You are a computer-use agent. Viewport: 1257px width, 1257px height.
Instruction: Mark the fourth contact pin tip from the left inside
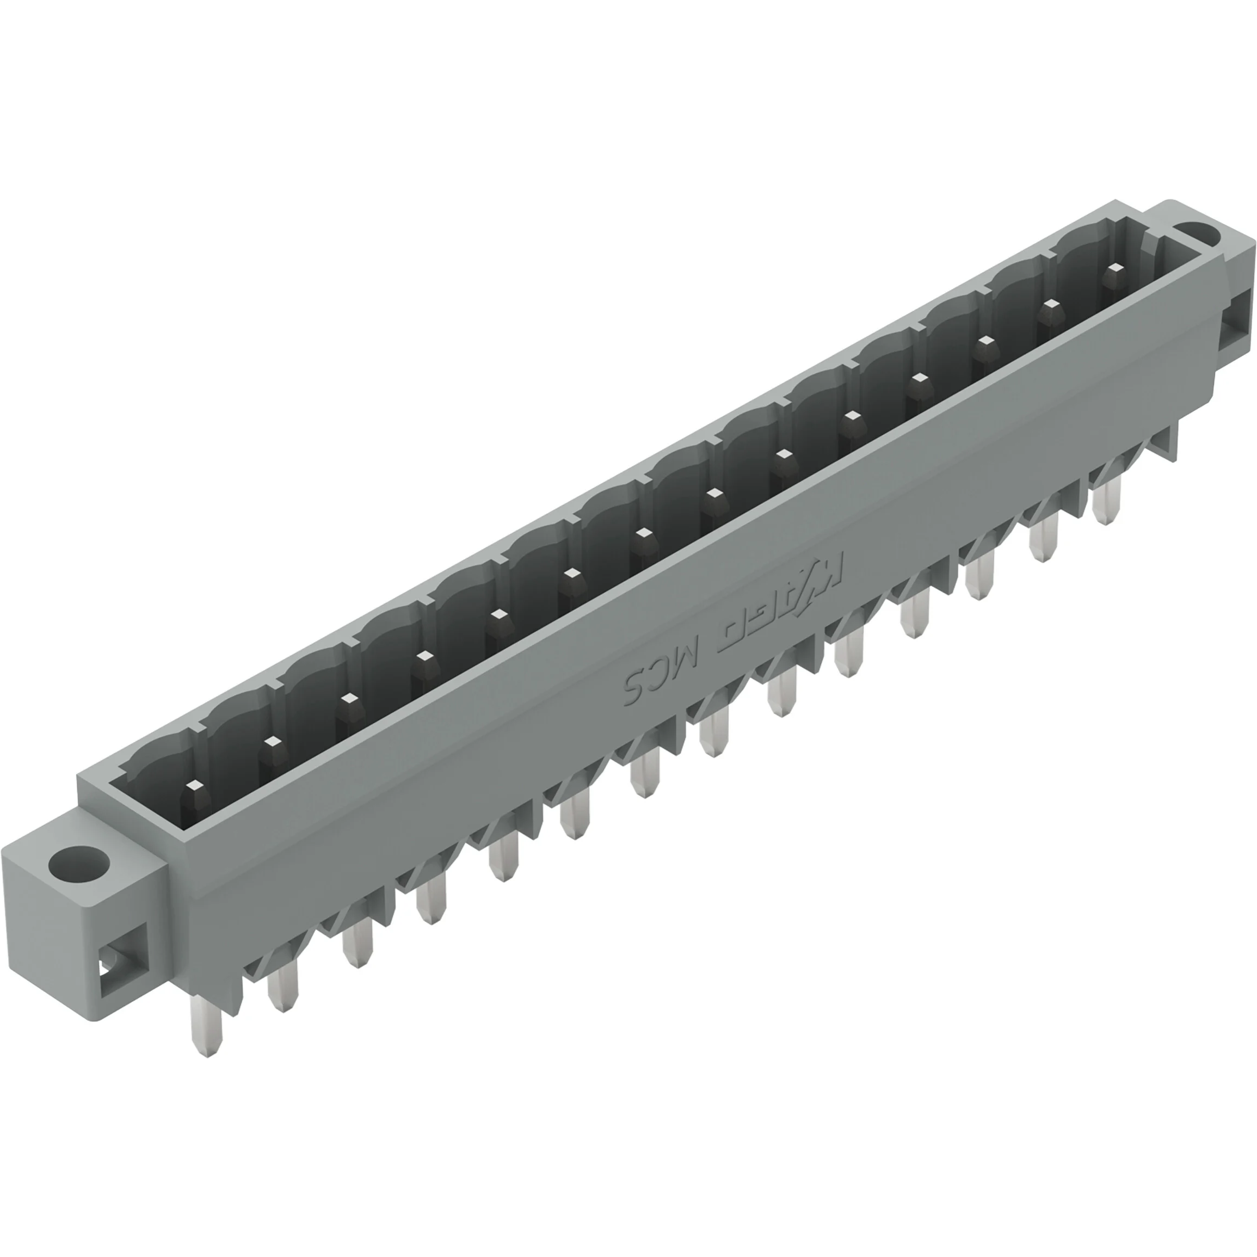click(423, 655)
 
